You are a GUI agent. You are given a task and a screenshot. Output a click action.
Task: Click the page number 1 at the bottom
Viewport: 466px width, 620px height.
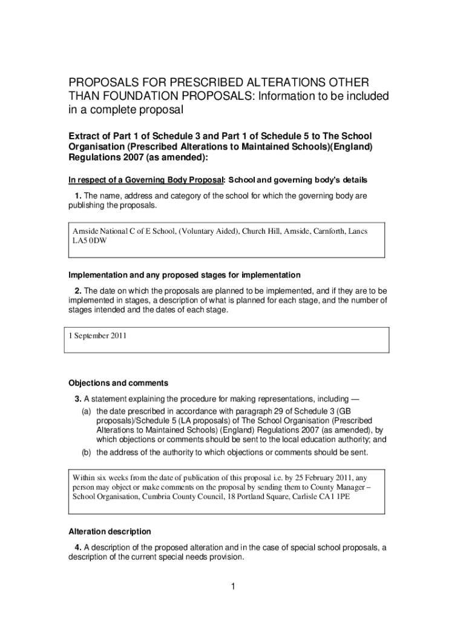233,586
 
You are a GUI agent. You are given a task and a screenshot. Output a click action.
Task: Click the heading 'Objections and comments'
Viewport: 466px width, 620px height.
118,383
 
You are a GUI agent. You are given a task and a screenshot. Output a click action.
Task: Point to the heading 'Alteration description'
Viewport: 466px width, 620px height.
110,532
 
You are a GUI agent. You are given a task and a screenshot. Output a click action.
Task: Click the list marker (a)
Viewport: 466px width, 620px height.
87,411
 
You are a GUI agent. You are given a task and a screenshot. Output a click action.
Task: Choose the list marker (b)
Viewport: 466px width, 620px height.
87,452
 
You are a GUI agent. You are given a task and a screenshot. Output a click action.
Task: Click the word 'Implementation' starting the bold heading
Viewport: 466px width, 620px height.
97,275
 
